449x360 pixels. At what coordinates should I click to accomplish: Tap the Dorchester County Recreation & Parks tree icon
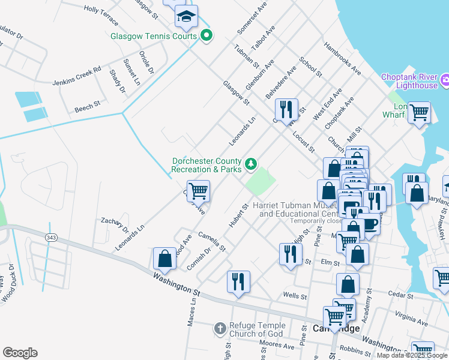[251, 163]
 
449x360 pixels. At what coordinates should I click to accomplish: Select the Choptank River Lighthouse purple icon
[445, 80]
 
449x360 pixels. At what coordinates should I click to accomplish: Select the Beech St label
[88, 107]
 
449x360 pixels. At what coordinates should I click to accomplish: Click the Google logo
[20, 353]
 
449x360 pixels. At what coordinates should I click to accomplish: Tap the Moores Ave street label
[277, 346]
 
